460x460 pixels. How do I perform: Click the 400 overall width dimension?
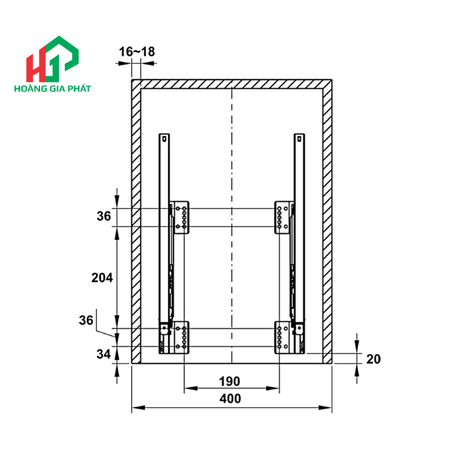[x=230, y=399]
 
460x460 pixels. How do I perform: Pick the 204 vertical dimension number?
[x=102, y=277]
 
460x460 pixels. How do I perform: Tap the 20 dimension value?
[x=373, y=359]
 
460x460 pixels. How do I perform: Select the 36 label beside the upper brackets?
[x=104, y=216]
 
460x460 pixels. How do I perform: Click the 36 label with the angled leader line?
[x=86, y=320]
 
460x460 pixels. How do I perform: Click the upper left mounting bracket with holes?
[x=180, y=217]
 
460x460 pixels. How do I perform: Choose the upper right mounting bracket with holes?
[x=283, y=217]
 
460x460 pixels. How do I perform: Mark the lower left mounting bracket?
[x=179, y=337]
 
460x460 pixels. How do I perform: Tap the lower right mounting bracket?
[x=283, y=337]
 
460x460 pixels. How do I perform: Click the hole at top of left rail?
[x=164, y=139]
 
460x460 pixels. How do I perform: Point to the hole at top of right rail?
[x=299, y=139]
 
